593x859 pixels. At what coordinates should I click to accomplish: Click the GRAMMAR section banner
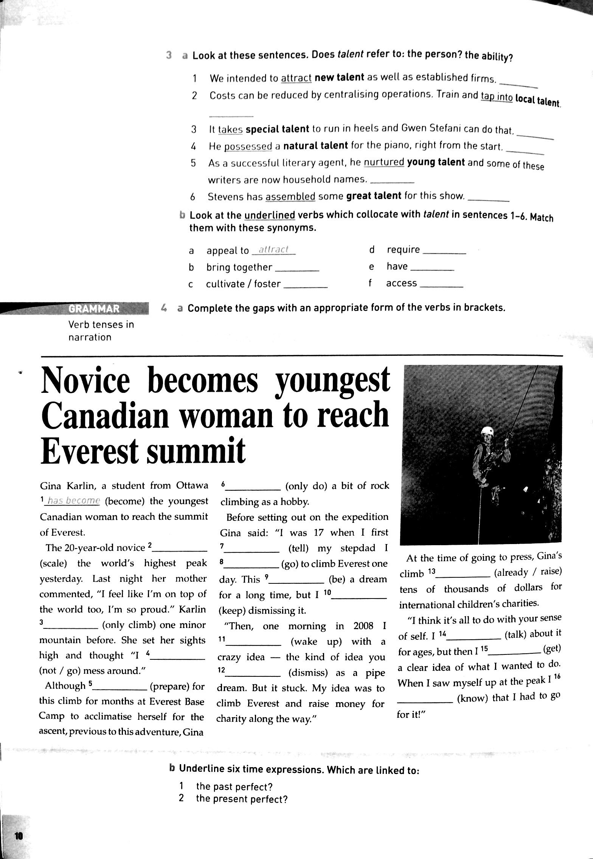coord(94,309)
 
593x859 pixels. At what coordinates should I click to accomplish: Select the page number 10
coord(19,836)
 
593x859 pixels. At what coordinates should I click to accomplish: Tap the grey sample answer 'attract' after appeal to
coord(275,250)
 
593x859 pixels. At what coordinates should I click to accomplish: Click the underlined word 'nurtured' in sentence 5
coord(384,162)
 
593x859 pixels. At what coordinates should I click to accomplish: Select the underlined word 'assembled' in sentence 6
coord(290,196)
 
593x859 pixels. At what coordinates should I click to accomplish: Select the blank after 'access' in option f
coord(441,285)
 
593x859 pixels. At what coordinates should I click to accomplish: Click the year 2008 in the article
coord(363,626)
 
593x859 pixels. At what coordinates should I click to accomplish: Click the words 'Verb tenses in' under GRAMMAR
coord(101,324)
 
